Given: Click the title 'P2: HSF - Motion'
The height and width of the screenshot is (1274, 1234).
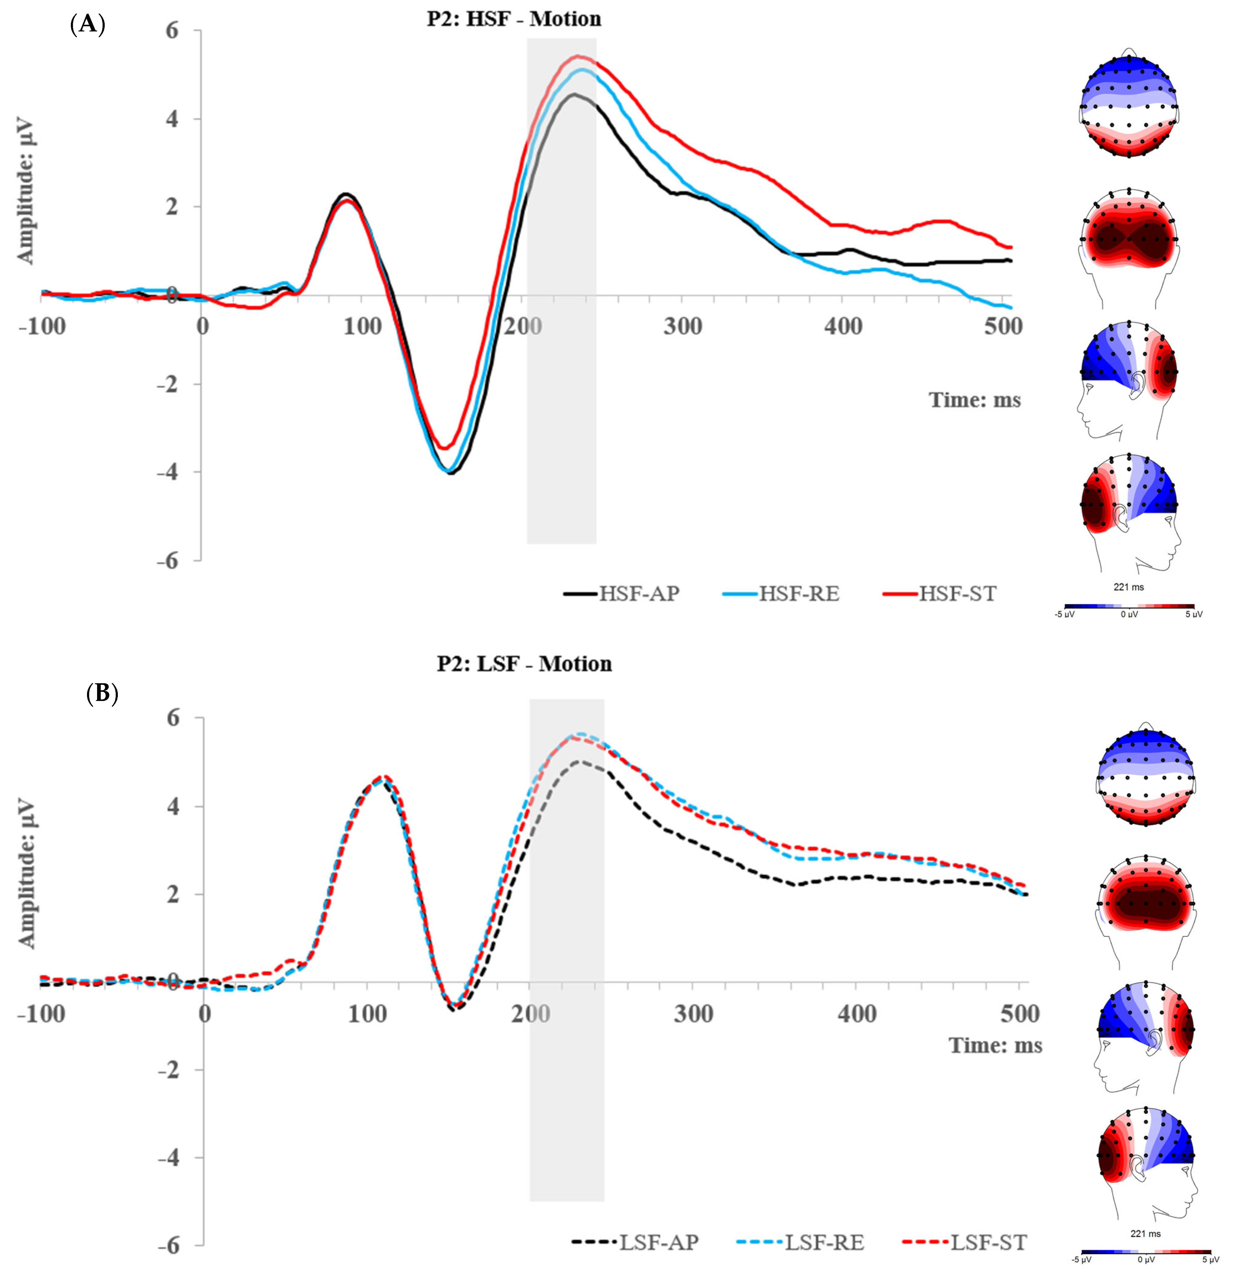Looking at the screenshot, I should [x=514, y=19].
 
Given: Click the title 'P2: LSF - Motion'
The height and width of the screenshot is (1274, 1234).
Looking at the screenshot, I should [x=524, y=664].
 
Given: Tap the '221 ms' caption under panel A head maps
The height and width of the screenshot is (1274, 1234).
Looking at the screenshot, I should [x=1129, y=587].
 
